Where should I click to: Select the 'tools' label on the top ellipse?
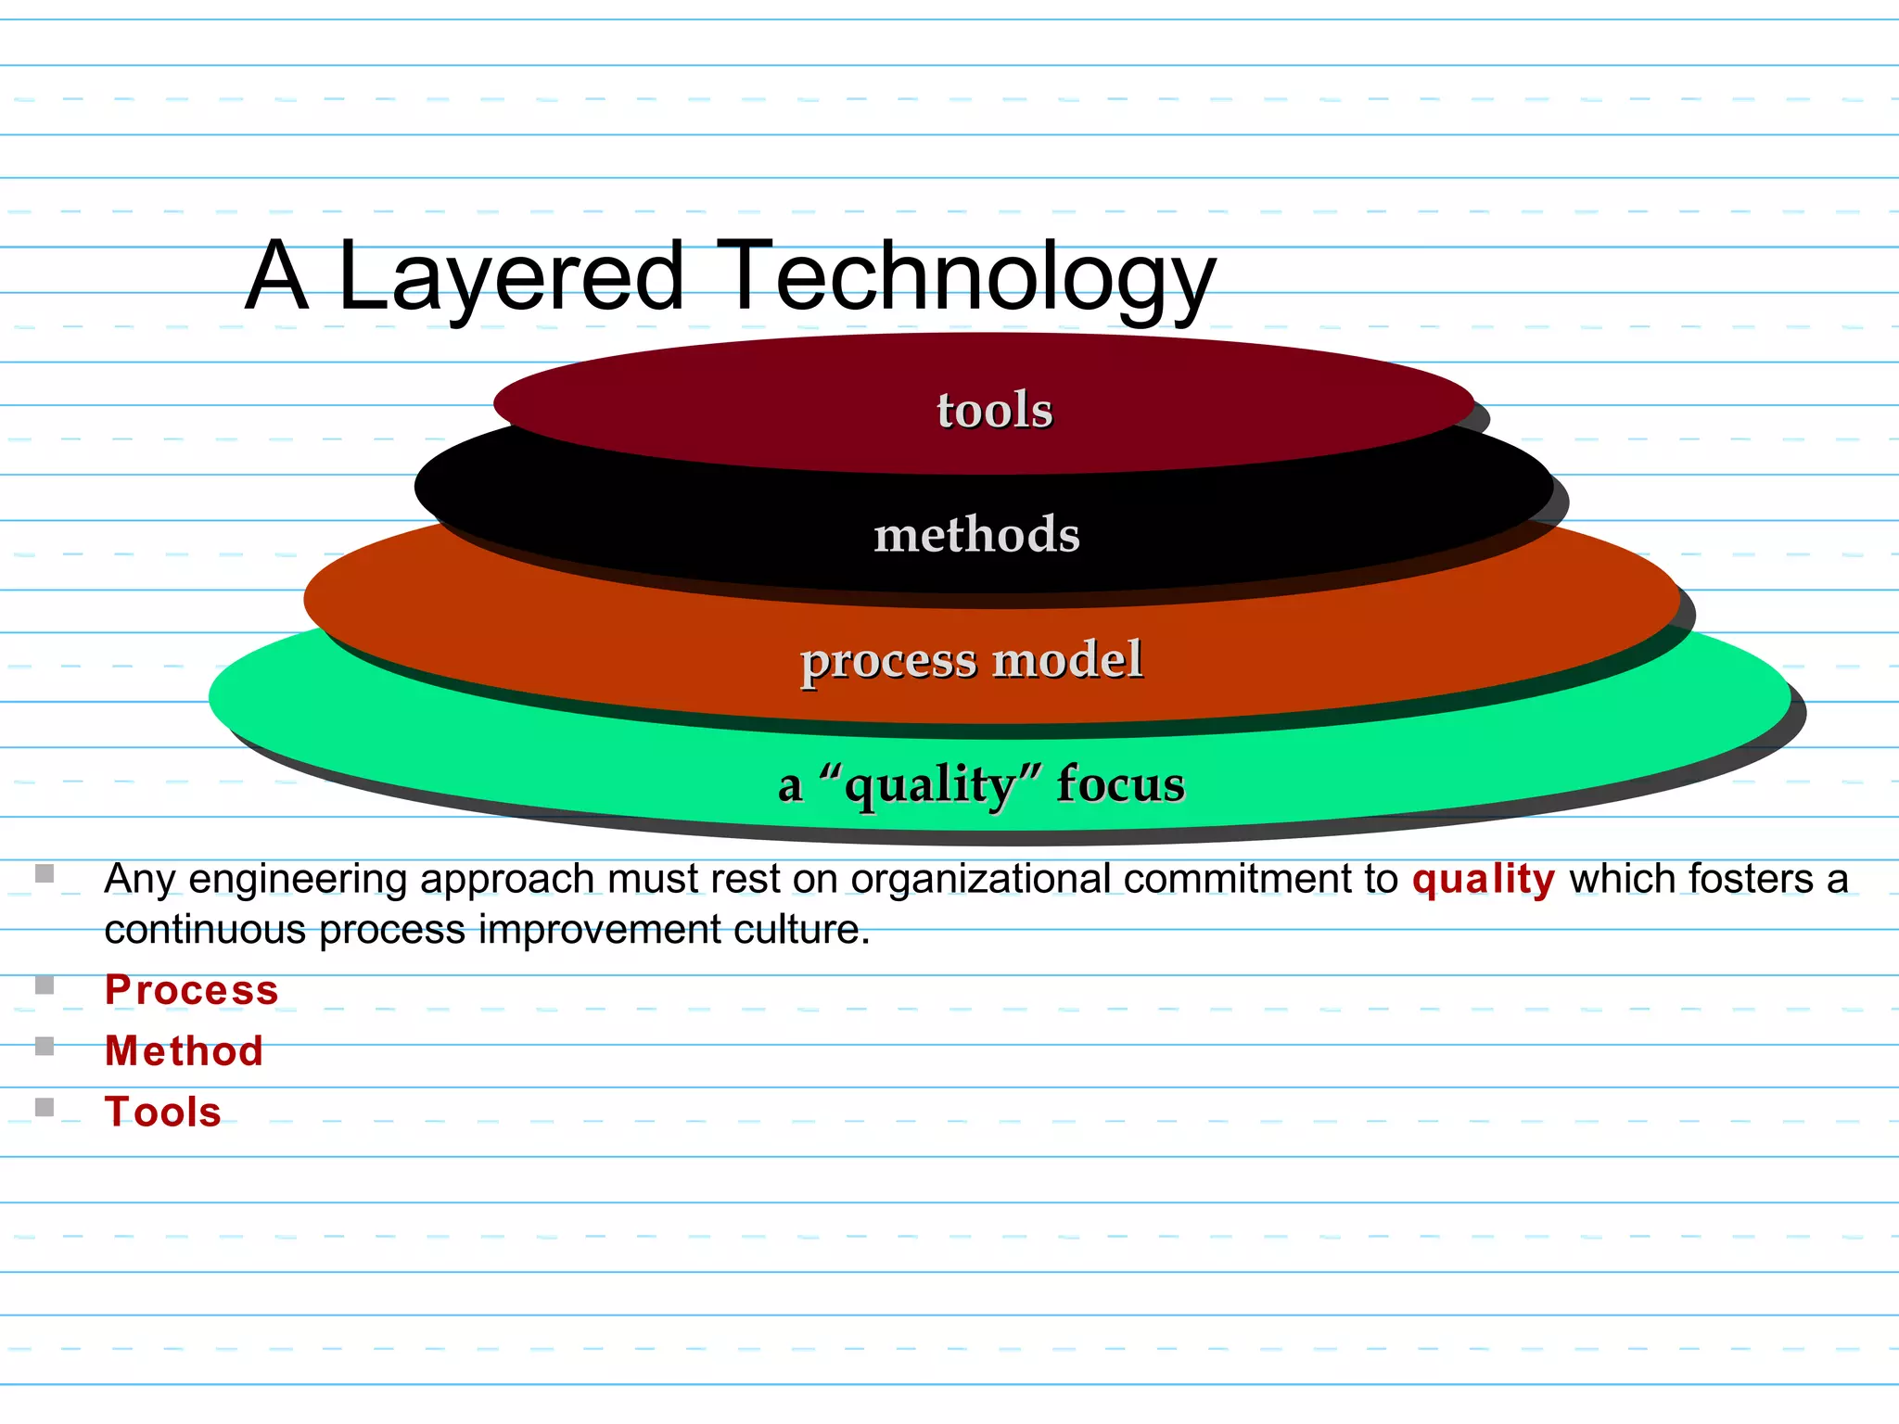pos(994,410)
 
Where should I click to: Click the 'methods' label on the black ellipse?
pos(976,535)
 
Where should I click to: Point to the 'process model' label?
pos(971,660)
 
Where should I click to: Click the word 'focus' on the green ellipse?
pos(1120,784)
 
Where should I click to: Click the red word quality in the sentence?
pos(1484,879)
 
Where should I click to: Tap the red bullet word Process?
pos(191,990)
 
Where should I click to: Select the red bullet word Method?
pos(184,1051)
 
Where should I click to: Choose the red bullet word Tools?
pos(163,1112)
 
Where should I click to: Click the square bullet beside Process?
pos(45,985)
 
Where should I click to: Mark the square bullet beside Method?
pos(45,1046)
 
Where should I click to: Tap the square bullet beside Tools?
pos(45,1107)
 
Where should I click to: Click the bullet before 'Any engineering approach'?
pos(45,873)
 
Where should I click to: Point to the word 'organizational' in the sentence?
pos(981,879)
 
